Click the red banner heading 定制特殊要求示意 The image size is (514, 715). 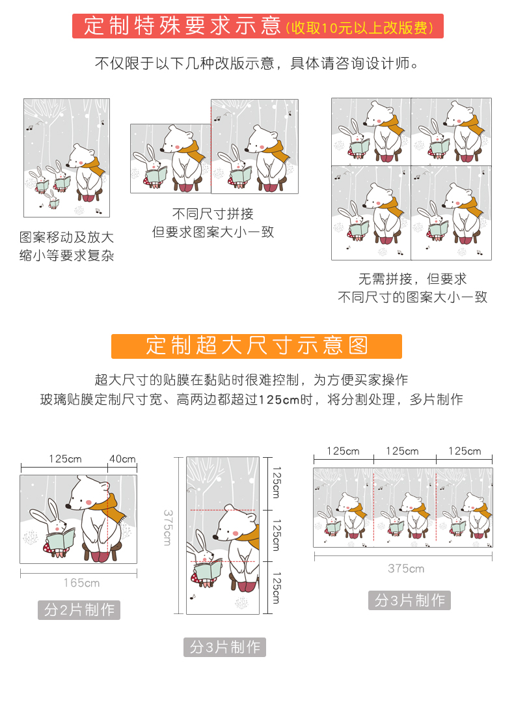click(x=182, y=26)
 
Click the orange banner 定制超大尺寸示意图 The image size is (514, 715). click(x=256, y=346)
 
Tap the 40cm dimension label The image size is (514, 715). click(x=122, y=458)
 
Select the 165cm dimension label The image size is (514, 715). click(x=81, y=582)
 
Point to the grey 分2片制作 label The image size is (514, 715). click(x=79, y=610)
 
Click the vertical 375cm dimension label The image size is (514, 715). click(x=167, y=527)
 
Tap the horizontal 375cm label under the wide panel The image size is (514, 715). click(x=405, y=568)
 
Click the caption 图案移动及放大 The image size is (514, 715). click(x=66, y=237)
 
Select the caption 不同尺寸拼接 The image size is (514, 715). click(x=213, y=214)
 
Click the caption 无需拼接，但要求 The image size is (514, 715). click(x=413, y=279)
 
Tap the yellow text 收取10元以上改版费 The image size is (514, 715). click(x=360, y=28)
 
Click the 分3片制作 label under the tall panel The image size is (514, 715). click(x=224, y=647)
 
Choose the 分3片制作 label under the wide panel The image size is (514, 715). click(x=409, y=600)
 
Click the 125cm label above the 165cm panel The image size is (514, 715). click(x=65, y=458)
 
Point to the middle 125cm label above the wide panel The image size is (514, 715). click(x=402, y=451)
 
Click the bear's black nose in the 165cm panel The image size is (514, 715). click(x=68, y=506)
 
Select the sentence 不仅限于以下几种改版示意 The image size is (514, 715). click(x=185, y=63)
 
